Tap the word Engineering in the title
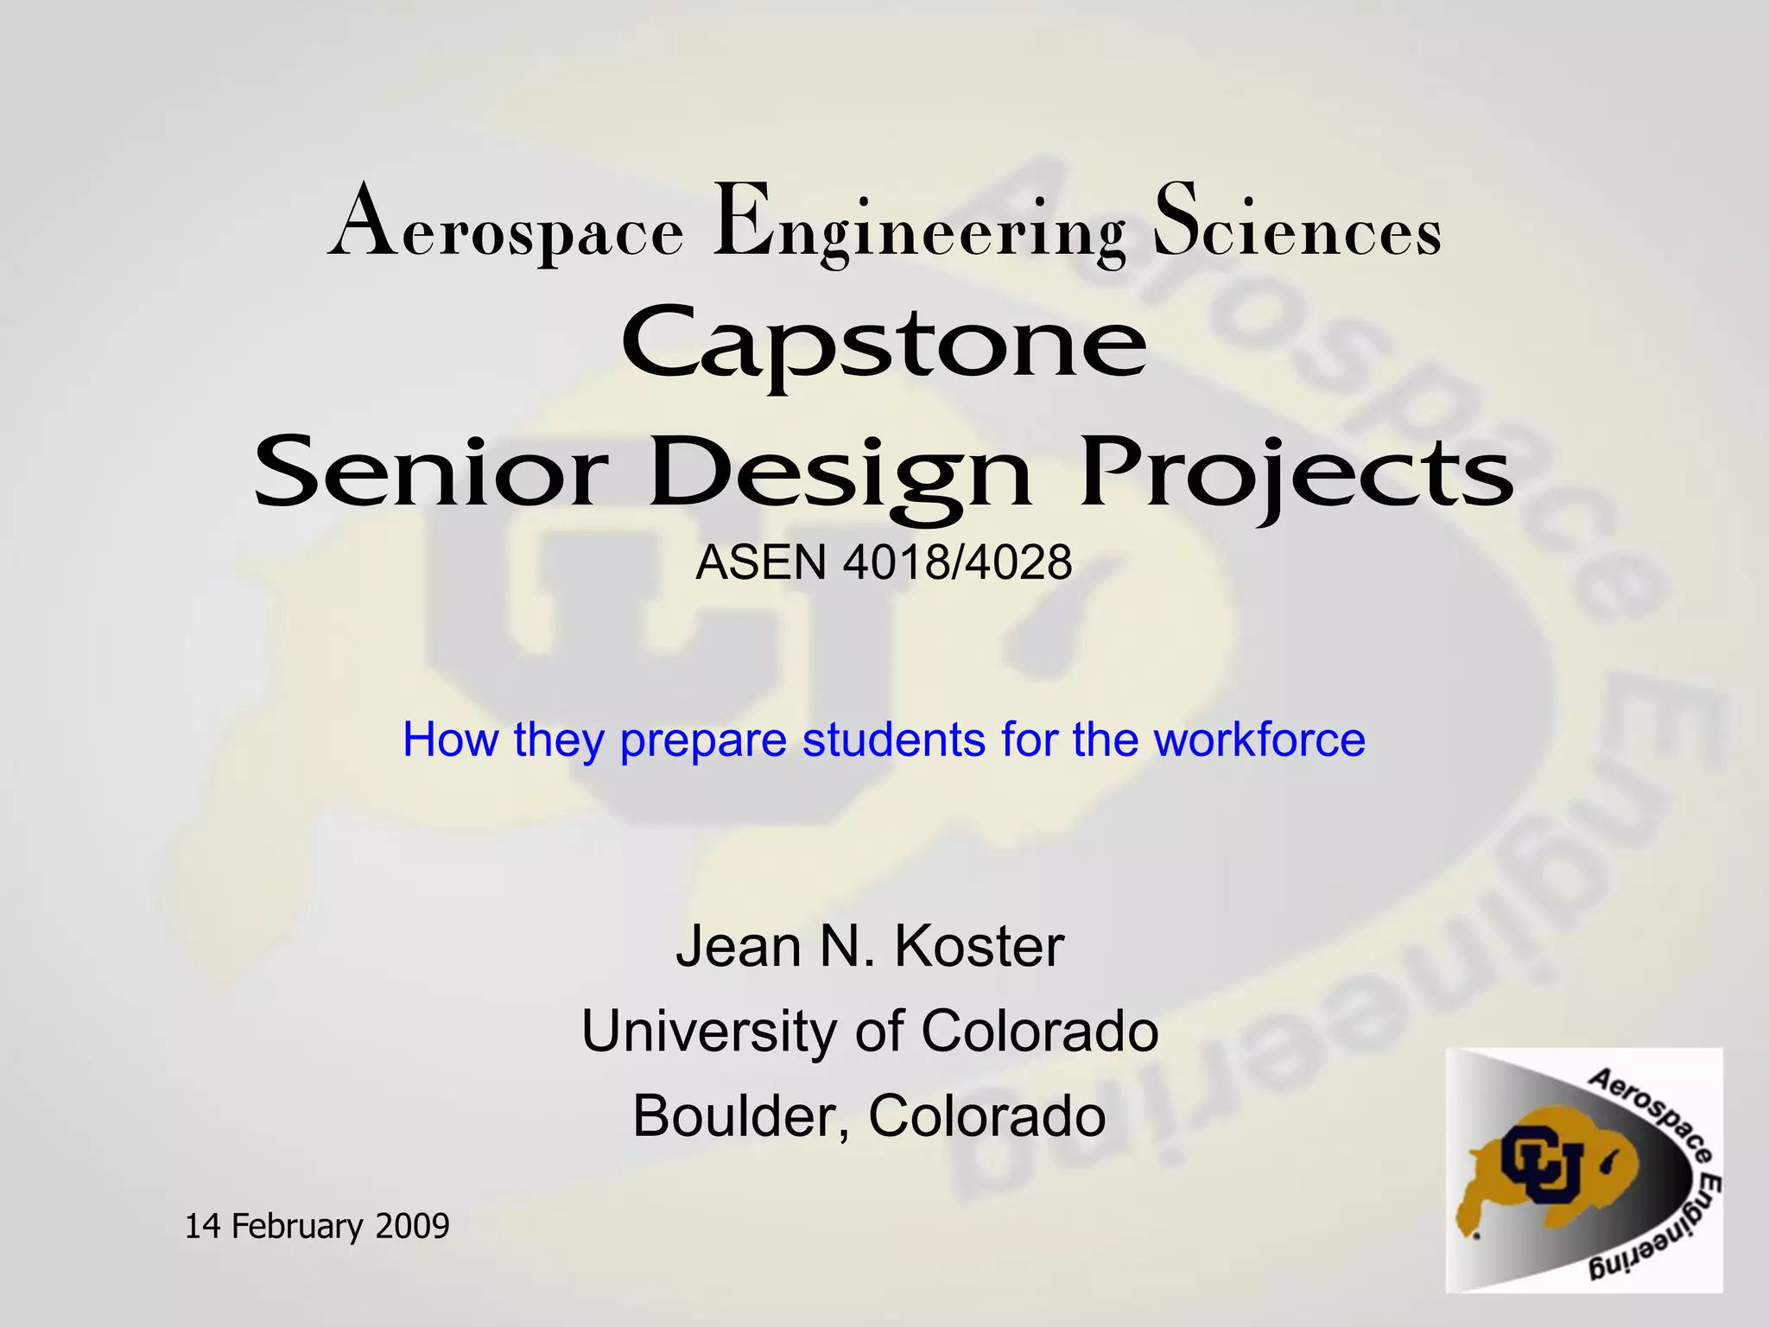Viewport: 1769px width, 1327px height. click(919, 226)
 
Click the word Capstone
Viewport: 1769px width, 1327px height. click(884, 346)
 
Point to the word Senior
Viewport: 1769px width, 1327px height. click(428, 473)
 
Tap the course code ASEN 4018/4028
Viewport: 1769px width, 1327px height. click(884, 562)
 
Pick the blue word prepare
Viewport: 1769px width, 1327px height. click(703, 741)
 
